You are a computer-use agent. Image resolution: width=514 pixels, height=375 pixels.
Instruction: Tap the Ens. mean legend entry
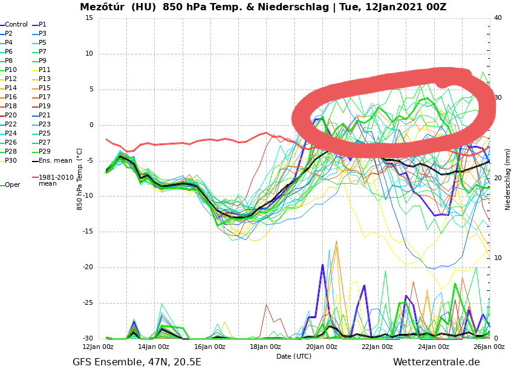(55, 161)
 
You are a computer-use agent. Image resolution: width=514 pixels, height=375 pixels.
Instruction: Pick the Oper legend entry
(12, 185)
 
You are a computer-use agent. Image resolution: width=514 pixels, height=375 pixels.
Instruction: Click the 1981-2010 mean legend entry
(56, 180)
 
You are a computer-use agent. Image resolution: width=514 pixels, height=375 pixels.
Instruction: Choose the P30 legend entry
(11, 161)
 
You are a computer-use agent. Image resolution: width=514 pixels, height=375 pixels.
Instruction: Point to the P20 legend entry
(11, 116)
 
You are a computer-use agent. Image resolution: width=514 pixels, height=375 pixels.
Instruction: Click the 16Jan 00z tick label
(210, 347)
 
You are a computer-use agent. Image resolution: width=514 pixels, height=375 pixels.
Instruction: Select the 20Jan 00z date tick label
(322, 347)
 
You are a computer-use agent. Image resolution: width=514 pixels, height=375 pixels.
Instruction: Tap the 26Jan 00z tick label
(489, 347)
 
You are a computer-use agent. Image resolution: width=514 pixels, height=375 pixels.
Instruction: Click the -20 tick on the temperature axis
(88, 268)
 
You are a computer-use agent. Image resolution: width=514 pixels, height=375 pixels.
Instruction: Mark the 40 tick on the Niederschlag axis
(498, 18)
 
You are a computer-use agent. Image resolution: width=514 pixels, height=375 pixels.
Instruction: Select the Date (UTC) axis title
(294, 357)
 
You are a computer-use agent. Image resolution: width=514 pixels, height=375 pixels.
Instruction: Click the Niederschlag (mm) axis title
(508, 179)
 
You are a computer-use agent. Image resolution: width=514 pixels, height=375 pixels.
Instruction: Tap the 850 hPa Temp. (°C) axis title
(80, 179)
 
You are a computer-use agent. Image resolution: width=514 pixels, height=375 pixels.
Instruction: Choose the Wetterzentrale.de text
(436, 362)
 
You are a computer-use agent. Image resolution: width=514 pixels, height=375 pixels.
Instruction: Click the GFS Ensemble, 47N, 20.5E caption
(137, 362)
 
